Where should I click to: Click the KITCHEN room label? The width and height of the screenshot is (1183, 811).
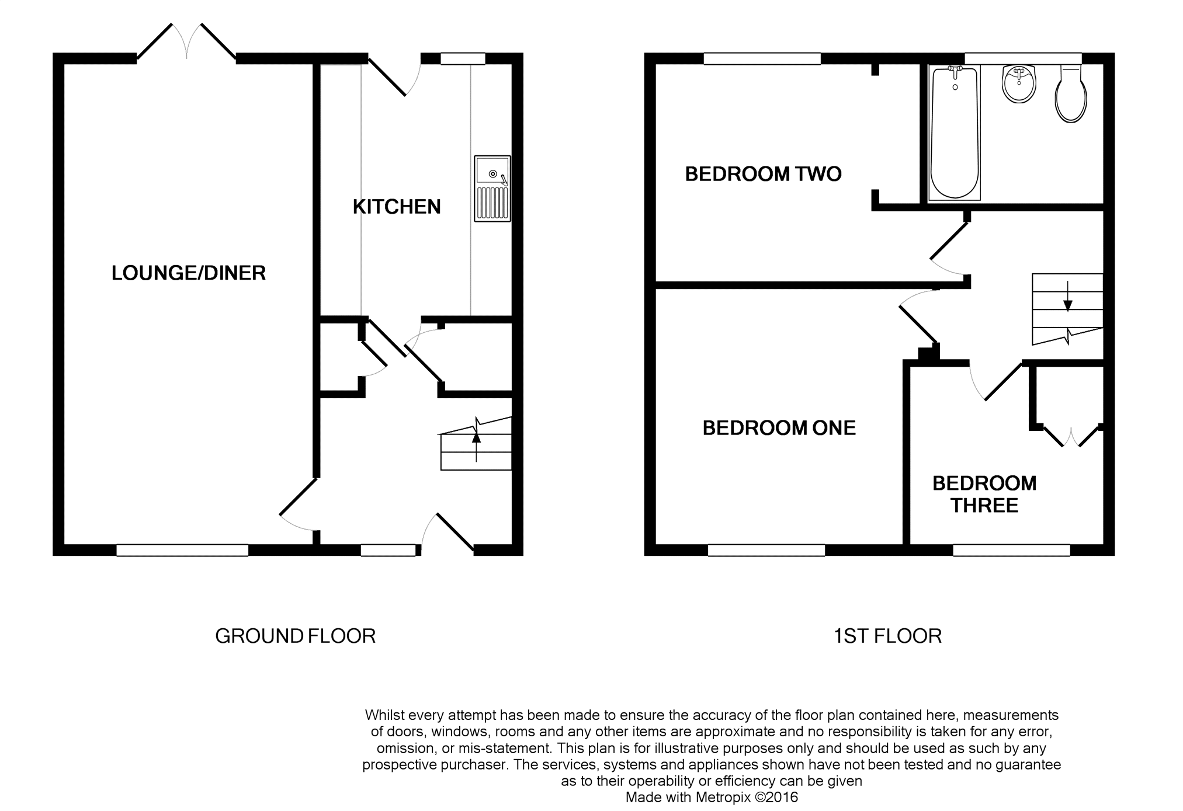(x=397, y=207)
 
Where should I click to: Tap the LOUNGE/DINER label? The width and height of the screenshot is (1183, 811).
(x=189, y=273)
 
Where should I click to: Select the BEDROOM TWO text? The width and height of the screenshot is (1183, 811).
(x=763, y=174)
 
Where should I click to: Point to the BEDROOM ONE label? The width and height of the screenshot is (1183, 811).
(x=779, y=428)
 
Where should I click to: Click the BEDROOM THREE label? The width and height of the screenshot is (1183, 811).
(x=984, y=494)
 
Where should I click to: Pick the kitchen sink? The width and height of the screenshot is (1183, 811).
(x=492, y=189)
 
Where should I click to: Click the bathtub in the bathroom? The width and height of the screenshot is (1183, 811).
(x=955, y=134)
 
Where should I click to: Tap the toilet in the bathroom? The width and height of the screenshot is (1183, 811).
(x=1071, y=93)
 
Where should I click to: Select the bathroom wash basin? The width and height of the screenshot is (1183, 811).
(x=1019, y=84)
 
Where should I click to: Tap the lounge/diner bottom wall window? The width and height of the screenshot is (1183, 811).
(x=182, y=550)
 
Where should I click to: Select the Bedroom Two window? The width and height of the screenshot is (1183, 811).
(x=762, y=58)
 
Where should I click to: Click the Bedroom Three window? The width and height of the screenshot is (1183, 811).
(x=1012, y=550)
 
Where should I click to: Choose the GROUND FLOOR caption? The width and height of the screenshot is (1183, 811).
(x=295, y=636)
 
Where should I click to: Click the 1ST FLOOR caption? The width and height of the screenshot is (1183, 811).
(x=887, y=636)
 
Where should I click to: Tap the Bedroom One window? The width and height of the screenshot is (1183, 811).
(x=766, y=550)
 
